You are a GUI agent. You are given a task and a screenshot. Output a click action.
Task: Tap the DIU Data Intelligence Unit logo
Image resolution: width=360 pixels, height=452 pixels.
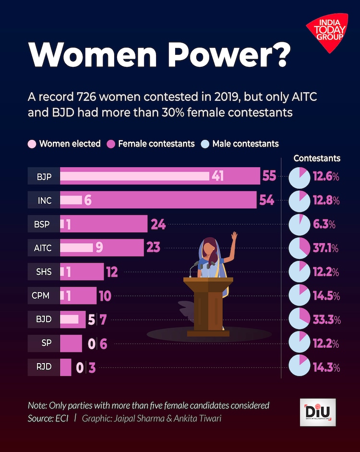[x=317, y=411]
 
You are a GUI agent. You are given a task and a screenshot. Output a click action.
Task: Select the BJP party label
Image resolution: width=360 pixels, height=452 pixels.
[x=44, y=176]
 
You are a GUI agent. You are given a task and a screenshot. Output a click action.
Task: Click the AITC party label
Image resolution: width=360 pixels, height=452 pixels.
[x=44, y=248]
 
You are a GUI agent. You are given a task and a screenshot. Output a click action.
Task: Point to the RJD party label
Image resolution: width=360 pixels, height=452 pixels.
[x=44, y=368]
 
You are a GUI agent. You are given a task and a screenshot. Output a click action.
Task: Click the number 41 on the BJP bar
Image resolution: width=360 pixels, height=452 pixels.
[x=217, y=176]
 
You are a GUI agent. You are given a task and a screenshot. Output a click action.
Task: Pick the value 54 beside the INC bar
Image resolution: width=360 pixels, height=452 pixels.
[x=266, y=200]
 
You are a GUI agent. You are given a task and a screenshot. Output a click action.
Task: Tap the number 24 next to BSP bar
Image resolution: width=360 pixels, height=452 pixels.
[x=158, y=224]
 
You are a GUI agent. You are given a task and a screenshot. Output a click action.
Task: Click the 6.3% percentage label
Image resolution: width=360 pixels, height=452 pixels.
[x=325, y=224]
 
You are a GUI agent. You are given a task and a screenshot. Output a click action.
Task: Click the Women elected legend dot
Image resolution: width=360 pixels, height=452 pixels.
[x=32, y=144]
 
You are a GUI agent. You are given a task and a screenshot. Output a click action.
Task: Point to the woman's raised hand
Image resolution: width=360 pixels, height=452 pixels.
[x=234, y=237]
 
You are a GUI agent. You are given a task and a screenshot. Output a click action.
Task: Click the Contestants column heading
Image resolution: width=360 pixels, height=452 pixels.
[x=317, y=158]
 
